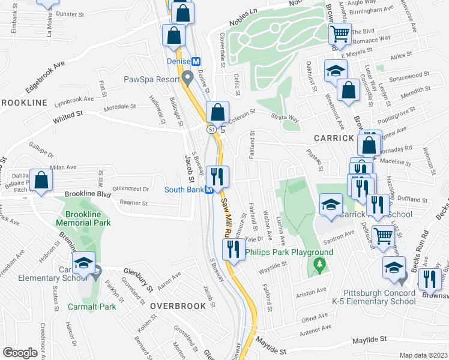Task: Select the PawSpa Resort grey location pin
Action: click(188, 77)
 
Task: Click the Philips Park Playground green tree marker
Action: click(319, 265)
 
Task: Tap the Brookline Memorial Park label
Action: click(84, 218)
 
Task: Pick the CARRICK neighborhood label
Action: click(334, 138)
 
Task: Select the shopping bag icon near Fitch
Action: click(41, 179)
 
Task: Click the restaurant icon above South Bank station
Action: click(217, 176)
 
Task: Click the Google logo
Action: click(19, 353)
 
